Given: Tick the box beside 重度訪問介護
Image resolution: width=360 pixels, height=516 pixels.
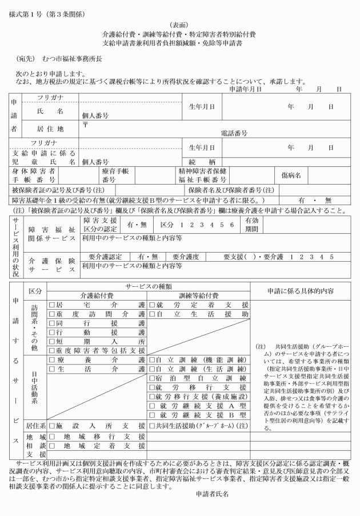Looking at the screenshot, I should (51, 314).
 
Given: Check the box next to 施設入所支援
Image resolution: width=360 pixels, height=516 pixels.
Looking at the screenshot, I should (51, 427).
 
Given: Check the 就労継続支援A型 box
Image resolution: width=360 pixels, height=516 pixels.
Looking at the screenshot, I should (153, 406).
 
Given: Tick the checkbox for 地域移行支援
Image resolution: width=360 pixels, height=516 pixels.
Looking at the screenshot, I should (51, 437).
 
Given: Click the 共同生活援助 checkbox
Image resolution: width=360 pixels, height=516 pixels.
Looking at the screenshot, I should (153, 427).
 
